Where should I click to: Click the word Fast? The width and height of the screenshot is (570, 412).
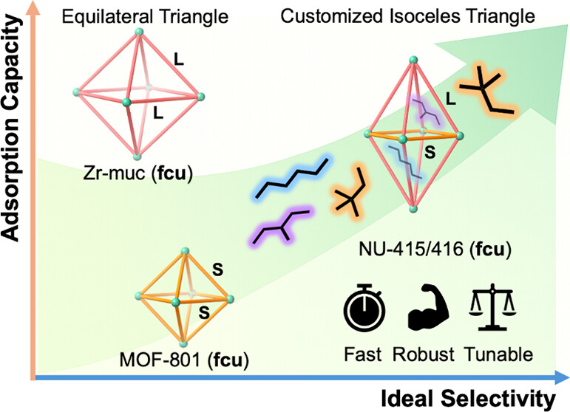363,353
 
